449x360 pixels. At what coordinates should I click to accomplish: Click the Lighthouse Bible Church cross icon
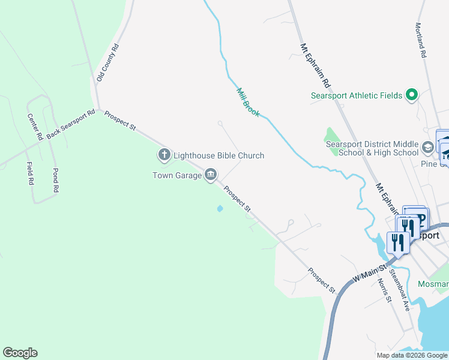[x=164, y=155]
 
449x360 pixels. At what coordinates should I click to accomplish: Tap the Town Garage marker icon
[x=211, y=175]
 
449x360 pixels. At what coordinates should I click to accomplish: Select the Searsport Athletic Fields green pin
[x=412, y=95]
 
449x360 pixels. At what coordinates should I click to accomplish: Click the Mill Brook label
[x=248, y=103]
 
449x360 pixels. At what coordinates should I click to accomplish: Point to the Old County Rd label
[x=108, y=62]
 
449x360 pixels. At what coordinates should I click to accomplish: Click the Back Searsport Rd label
[x=71, y=124]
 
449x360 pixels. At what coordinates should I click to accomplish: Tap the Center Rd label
[x=35, y=127]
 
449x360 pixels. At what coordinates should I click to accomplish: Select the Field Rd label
[x=29, y=173]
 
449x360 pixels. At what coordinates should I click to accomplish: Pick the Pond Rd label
[x=55, y=180]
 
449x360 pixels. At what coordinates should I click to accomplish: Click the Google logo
[x=20, y=353]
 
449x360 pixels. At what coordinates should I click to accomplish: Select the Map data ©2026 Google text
[x=411, y=355]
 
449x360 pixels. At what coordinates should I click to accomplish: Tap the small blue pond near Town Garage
[x=220, y=209]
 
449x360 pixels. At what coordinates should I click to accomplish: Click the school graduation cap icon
[x=427, y=148]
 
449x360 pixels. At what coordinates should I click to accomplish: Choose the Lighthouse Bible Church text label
[x=218, y=155]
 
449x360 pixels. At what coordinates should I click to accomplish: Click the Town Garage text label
[x=177, y=175]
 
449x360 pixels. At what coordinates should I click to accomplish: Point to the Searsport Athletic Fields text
[x=357, y=95]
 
